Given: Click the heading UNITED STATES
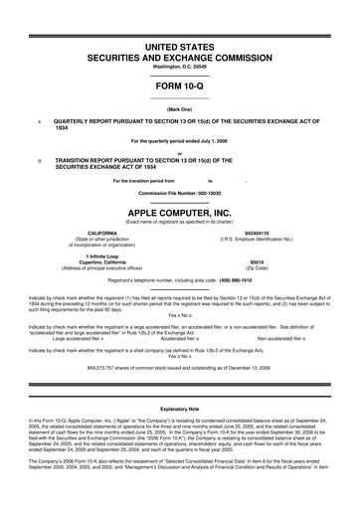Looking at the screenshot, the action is tap(180, 49).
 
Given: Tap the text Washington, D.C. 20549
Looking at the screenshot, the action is tap(180, 67).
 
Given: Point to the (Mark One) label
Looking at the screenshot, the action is tap(180, 108).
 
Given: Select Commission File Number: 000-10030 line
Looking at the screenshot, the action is tap(180, 193).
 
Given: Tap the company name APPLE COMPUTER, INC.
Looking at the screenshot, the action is tap(180, 212).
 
